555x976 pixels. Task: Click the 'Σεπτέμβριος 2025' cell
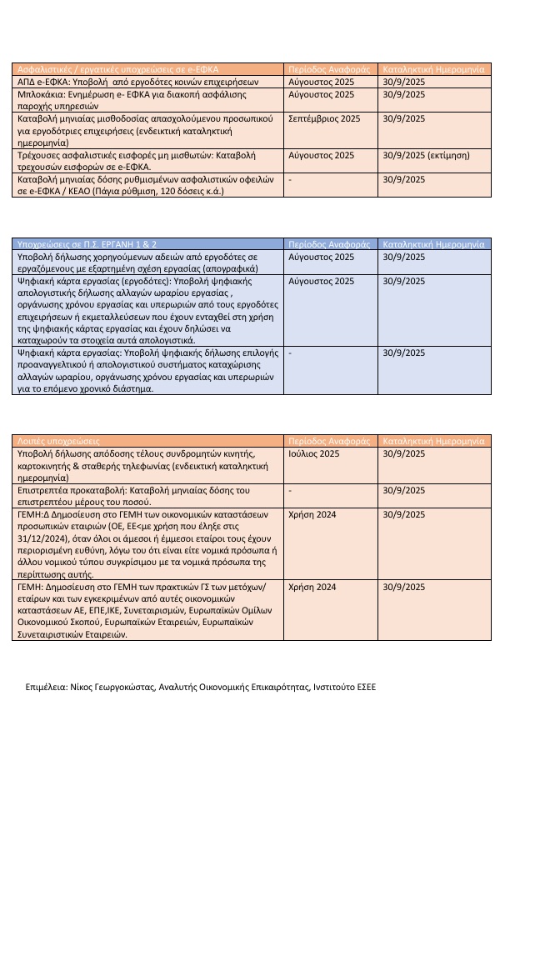point(324,119)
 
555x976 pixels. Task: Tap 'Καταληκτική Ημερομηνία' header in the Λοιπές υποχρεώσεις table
point(433,440)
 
